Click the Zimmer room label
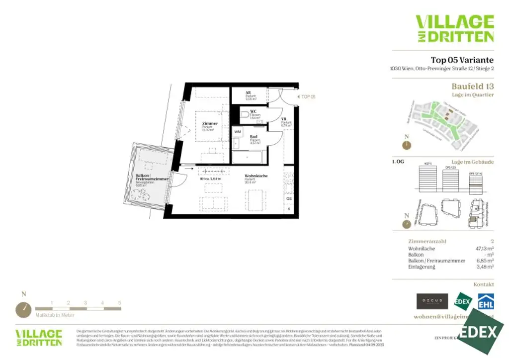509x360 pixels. coord(210,123)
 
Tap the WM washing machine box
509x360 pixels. coord(238,132)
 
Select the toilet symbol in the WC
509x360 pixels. coord(244,115)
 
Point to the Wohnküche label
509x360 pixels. coord(256,176)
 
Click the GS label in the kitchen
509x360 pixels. coord(289,198)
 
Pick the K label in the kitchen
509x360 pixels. coord(289,209)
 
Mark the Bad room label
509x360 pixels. coord(254,137)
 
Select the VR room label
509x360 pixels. coord(283,120)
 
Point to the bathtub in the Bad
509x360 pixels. coord(248,157)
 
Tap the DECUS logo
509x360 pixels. coord(432,301)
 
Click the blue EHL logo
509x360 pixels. coord(486,301)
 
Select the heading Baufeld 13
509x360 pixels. coord(472,86)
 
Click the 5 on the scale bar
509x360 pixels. coord(119,302)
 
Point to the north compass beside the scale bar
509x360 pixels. coord(23,310)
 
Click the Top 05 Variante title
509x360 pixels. coord(462,60)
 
